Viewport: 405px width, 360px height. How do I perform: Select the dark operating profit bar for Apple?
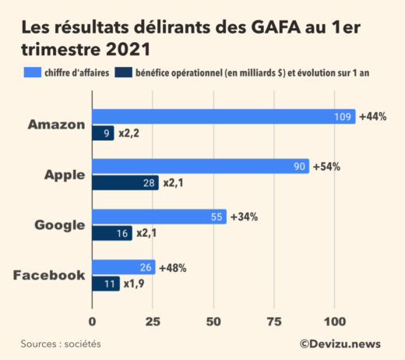point(125,182)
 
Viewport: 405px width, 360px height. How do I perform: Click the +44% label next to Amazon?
point(372,117)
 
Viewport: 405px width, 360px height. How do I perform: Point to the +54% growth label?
point(326,167)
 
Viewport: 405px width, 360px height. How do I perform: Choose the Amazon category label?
point(55,125)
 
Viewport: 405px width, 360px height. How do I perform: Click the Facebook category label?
point(48,275)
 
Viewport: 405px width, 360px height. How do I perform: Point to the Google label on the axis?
point(59,225)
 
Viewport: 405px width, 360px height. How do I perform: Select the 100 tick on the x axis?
point(335,321)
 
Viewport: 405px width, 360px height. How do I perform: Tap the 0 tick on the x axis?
point(93,321)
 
